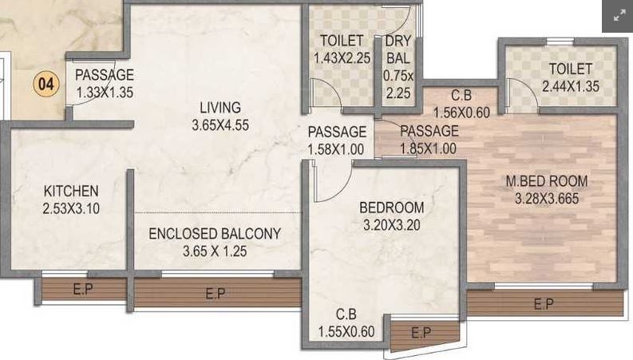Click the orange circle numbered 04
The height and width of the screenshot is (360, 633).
pos(46,84)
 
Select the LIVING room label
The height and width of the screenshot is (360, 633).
pos(220,107)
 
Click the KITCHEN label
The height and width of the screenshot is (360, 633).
pos(71,191)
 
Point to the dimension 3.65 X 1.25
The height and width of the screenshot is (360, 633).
pos(215,251)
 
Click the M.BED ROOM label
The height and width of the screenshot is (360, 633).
pos(547,181)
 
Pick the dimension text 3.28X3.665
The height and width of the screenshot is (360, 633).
pos(547,198)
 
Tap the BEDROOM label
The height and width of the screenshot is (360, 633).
pos(392,208)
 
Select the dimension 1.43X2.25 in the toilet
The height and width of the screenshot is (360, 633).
pos(342,58)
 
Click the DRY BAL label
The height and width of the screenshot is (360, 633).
pos(398,49)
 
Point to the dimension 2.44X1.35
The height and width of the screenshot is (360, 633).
pos(571,86)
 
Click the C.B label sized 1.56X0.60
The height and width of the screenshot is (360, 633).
pos(461,95)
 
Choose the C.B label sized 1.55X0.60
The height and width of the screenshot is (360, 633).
pos(346,314)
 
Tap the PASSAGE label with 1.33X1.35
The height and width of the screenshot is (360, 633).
pos(105,75)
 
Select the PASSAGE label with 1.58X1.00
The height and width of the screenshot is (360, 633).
pos(337,132)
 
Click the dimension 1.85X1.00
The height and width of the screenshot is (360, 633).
pos(429,148)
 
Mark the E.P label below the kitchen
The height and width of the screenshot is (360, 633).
pos(83,289)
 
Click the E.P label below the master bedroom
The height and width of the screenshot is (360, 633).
pos(544,303)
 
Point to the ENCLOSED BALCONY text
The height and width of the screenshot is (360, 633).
pos(215,234)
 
